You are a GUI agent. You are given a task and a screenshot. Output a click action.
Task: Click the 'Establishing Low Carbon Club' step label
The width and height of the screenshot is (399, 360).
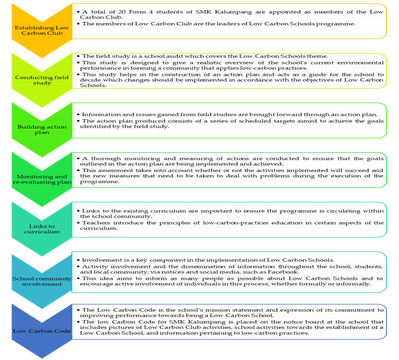(42, 30)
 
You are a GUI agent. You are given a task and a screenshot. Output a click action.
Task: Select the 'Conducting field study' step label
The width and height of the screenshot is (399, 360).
(42, 80)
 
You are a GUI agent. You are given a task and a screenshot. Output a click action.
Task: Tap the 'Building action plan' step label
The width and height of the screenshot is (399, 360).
(42, 129)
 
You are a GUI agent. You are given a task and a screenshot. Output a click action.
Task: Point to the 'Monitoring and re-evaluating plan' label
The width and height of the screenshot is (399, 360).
(42, 179)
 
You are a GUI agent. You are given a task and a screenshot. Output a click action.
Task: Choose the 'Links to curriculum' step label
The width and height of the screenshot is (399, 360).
(42, 229)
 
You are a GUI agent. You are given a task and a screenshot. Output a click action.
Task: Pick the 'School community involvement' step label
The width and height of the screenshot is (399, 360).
(42, 281)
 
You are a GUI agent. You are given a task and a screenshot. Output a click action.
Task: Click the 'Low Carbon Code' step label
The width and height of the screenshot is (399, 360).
(42, 331)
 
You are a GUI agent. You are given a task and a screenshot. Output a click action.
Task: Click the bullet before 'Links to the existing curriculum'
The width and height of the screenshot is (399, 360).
(79, 211)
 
